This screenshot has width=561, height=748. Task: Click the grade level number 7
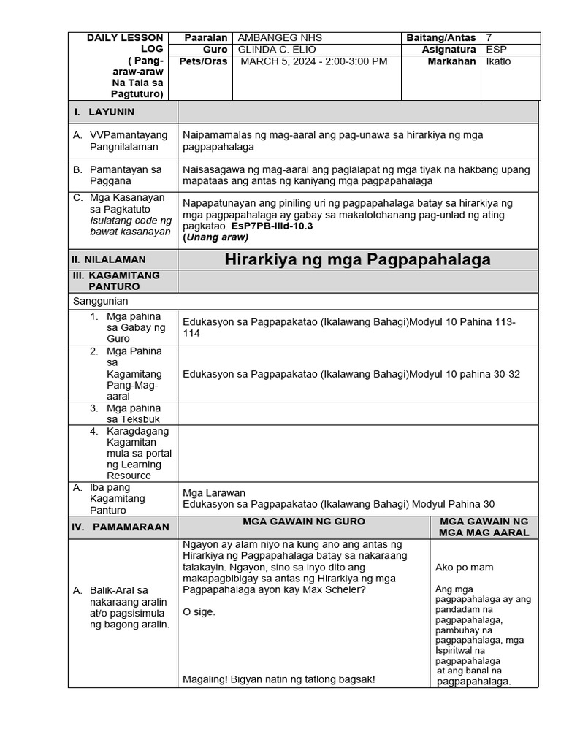tap(489, 38)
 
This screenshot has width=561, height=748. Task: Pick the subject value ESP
tap(495, 50)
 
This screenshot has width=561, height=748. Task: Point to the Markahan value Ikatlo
tap(498, 61)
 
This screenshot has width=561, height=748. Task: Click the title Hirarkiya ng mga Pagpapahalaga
tap(357, 259)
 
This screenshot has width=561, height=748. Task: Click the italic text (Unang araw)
tap(215, 237)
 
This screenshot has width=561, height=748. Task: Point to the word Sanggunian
tap(101, 301)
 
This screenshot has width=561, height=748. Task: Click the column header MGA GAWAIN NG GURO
tap(304, 522)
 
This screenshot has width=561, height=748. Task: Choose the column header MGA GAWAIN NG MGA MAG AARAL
tap(483, 527)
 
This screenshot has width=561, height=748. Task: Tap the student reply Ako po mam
tap(464, 567)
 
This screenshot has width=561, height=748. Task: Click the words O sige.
tap(199, 612)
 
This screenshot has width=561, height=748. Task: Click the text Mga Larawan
tap(214, 492)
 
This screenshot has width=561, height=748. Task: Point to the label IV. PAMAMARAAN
tap(120, 527)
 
